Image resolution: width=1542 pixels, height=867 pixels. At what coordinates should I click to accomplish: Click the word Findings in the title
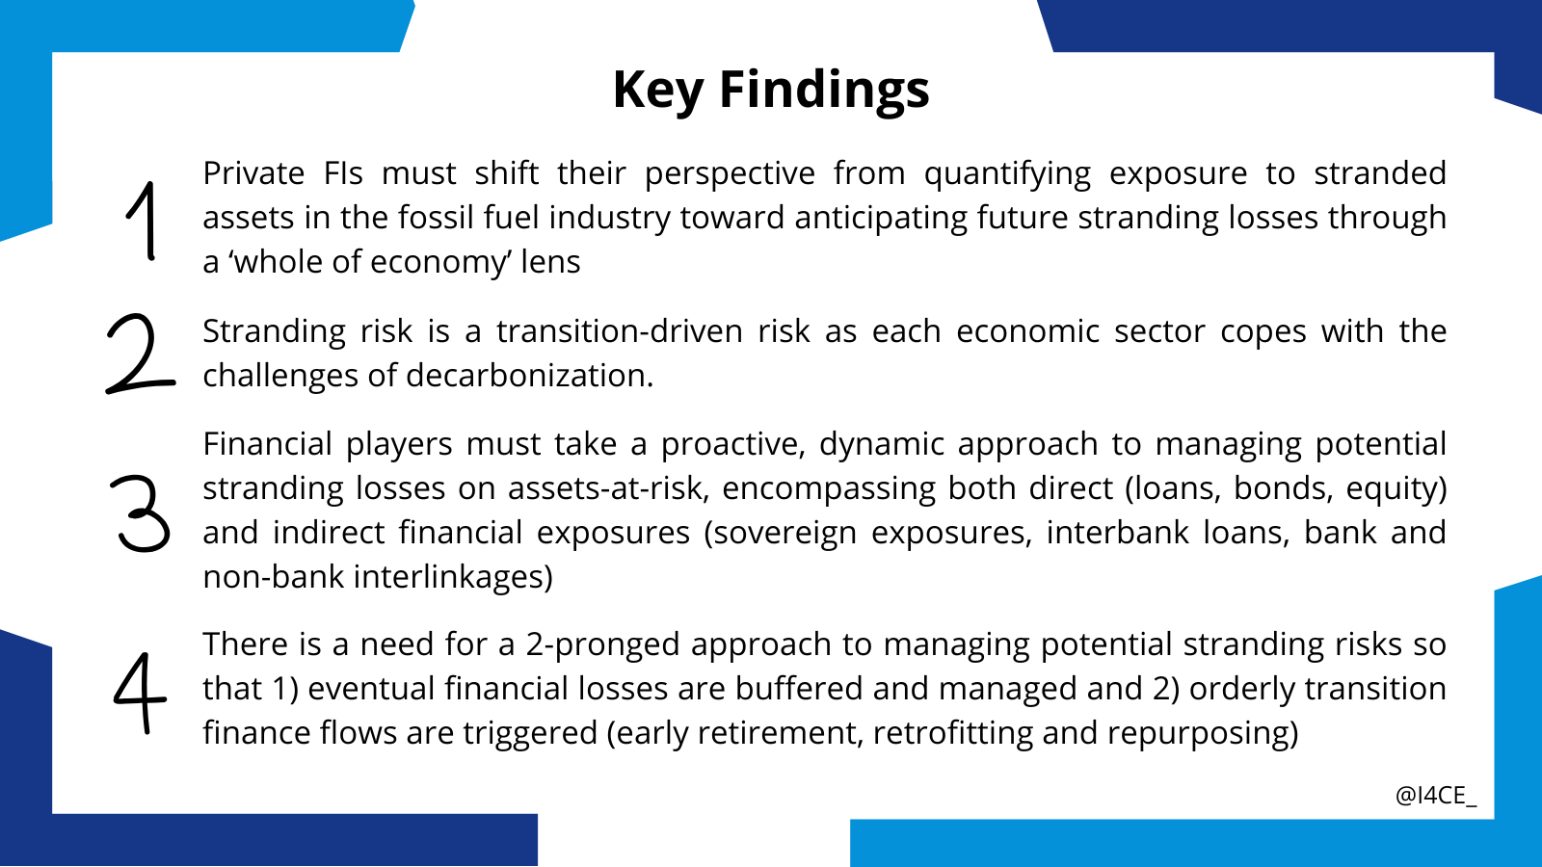click(824, 91)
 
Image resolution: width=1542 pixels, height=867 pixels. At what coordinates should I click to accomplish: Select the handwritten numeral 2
click(141, 354)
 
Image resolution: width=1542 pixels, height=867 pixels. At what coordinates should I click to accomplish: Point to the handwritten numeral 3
click(140, 513)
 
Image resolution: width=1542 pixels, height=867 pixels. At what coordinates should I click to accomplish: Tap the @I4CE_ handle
click(1436, 796)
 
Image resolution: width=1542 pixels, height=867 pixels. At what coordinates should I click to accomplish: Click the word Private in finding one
click(253, 172)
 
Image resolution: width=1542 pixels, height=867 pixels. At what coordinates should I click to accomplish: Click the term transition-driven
click(620, 331)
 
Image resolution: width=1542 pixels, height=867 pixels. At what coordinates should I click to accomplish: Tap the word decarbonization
click(529, 376)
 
